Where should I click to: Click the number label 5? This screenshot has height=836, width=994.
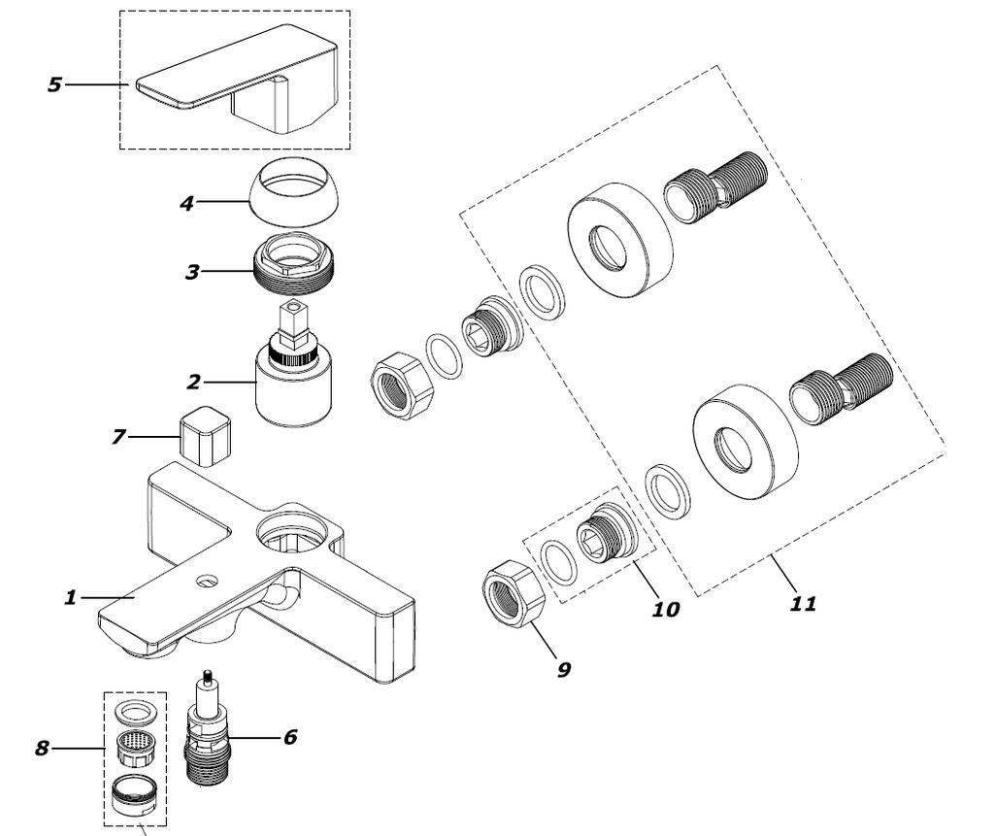54,84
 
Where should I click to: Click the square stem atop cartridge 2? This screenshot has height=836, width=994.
291,318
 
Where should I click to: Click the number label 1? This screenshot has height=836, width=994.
70,598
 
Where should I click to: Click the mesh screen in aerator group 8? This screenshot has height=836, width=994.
136,749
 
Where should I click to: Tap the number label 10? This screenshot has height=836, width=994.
666,610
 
